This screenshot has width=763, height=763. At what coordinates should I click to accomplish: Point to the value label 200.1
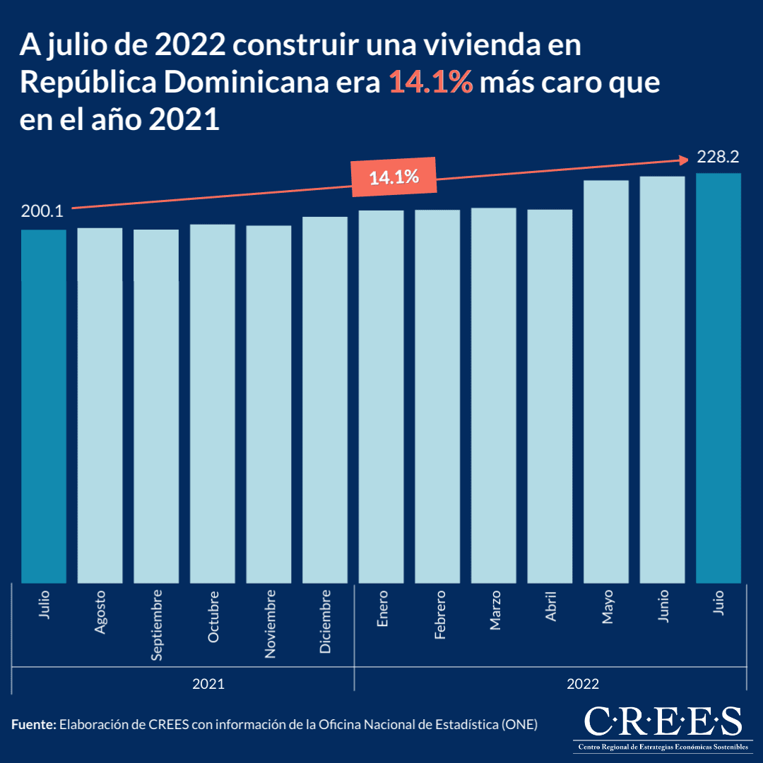pos(42,211)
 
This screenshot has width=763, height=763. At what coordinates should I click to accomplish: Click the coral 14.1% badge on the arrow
pos(394,177)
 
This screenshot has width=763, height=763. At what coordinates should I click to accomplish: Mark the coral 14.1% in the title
pos(430,83)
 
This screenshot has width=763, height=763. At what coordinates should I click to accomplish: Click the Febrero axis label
pos(439,615)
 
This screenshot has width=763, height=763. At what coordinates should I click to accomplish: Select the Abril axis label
pos(551,606)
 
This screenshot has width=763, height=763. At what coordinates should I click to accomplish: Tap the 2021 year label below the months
pos(209,684)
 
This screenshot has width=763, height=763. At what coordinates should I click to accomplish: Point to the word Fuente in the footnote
pos(32,724)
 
